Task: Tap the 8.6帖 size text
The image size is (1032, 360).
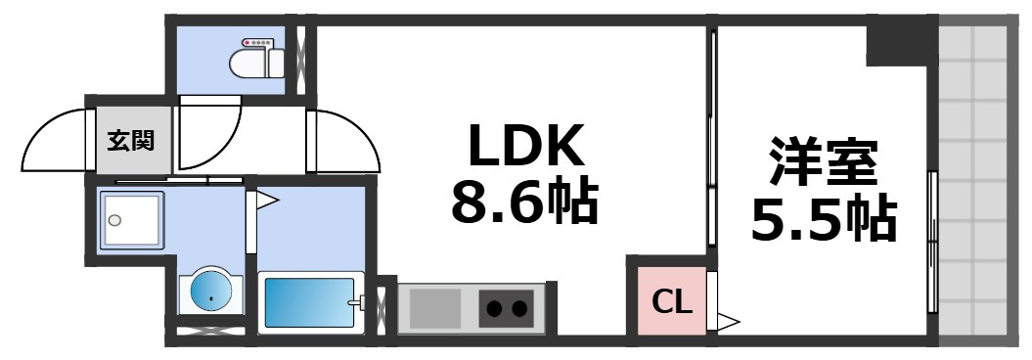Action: pyautogui.click(x=524, y=203)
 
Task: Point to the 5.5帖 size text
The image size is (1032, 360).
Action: pyautogui.click(x=824, y=221)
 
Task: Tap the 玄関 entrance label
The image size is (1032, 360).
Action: pyautogui.click(x=130, y=141)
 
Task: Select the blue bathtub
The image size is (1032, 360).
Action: pyautogui.click(x=308, y=304)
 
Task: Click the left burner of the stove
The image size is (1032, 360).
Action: pyautogui.click(x=495, y=310)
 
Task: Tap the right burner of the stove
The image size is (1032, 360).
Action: pyautogui.click(x=520, y=310)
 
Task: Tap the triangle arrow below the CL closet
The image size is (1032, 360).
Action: pyautogui.click(x=729, y=319)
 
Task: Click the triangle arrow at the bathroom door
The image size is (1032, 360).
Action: pyautogui.click(x=266, y=202)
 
